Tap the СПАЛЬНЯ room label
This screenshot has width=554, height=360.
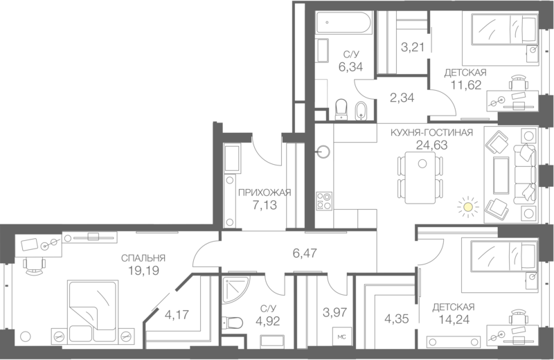click(x=143, y=258)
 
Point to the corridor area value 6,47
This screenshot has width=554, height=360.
click(x=305, y=254)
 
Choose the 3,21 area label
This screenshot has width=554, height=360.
click(x=413, y=48)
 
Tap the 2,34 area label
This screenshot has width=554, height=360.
click(x=402, y=98)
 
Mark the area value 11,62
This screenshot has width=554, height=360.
click(x=466, y=85)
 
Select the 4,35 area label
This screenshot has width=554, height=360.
click(x=396, y=319)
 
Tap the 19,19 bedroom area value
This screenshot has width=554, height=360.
click(x=143, y=271)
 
